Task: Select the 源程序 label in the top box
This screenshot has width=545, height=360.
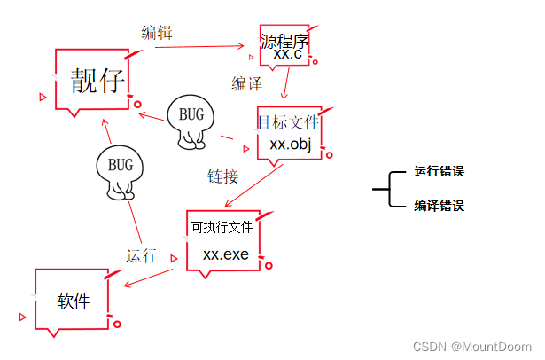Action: click(x=284, y=41)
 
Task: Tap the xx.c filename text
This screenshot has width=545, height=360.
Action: click(x=286, y=55)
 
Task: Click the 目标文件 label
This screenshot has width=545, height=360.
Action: click(x=287, y=121)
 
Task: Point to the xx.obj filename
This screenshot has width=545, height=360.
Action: click(x=290, y=144)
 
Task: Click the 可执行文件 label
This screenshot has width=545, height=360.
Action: click(x=222, y=227)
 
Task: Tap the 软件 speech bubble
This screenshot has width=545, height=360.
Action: click(x=74, y=301)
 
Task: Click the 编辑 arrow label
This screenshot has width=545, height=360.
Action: click(x=157, y=33)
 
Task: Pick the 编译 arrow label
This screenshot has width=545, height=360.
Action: click(x=246, y=83)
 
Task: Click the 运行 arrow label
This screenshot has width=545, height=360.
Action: click(x=141, y=256)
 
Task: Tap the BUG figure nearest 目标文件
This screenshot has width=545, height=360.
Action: click(x=191, y=119)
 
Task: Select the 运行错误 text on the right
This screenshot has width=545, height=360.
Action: click(x=439, y=172)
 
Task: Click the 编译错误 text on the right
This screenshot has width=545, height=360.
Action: click(x=439, y=206)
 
